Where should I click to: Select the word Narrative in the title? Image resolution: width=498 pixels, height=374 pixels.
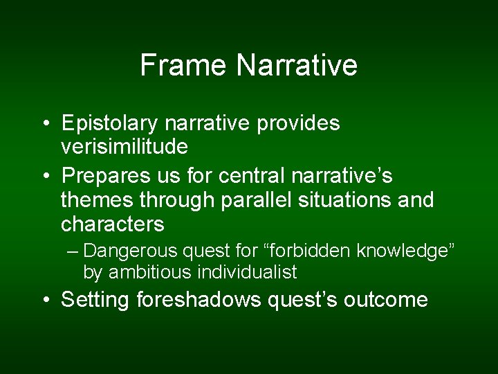click(297, 65)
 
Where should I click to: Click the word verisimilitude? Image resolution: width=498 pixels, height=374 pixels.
click(124, 147)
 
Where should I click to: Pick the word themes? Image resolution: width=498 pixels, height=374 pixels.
click(96, 200)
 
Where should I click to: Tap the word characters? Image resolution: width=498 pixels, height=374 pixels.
click(113, 224)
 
